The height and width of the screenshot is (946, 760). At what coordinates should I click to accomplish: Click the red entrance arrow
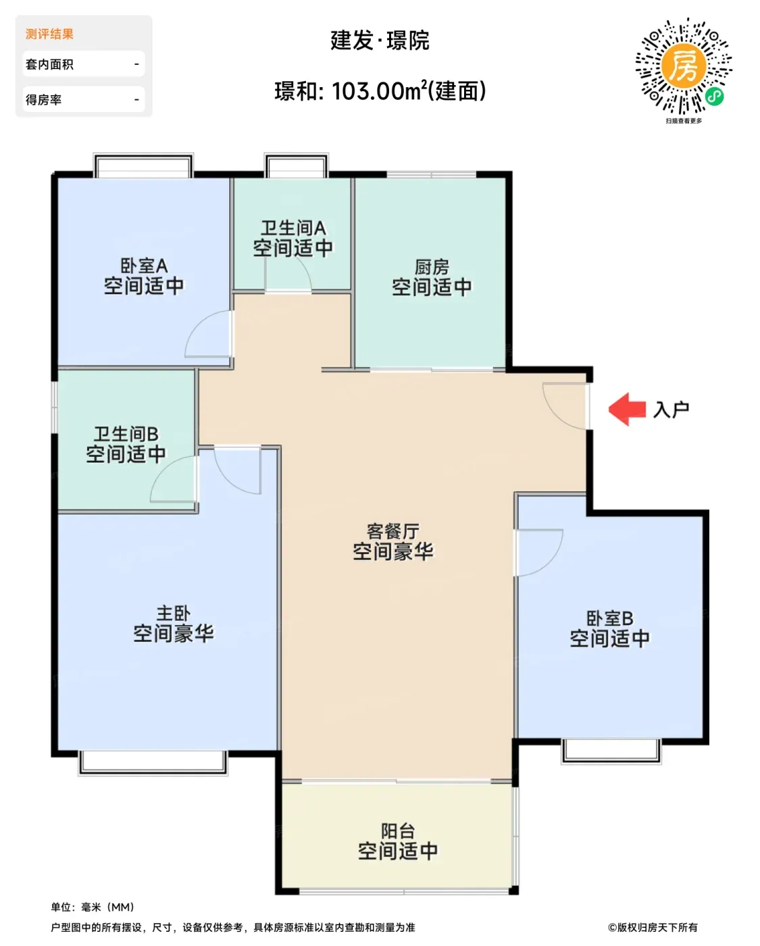tap(626, 409)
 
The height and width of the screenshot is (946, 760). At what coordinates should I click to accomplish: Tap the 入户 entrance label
tap(671, 409)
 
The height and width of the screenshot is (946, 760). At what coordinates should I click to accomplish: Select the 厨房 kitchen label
tap(432, 267)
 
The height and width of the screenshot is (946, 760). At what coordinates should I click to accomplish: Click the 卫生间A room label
tap(293, 228)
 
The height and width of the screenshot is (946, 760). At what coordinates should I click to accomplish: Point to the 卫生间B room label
tap(126, 434)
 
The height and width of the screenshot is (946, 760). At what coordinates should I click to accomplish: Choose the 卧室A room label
tap(144, 266)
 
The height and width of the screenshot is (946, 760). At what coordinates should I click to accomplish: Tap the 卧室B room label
tap(609, 618)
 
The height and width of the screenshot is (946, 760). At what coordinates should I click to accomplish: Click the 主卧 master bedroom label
tap(174, 614)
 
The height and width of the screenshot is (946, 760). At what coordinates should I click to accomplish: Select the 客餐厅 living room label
tap(393, 532)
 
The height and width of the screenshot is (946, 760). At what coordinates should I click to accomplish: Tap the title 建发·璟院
tap(380, 41)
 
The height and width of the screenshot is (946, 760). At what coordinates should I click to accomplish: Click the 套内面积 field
tap(84, 64)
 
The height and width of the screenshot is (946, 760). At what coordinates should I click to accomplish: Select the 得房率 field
tap(84, 99)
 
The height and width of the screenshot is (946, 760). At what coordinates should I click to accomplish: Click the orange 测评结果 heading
tap(49, 34)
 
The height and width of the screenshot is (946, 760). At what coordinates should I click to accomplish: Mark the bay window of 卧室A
tap(143, 166)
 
